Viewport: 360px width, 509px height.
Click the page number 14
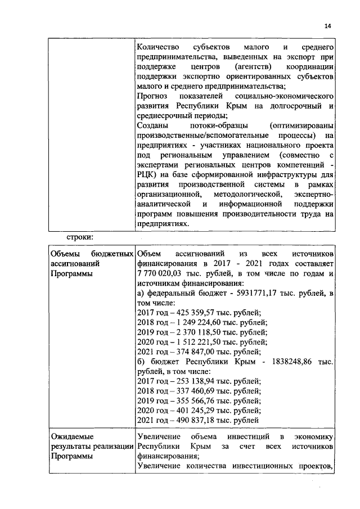click(x=328, y=26)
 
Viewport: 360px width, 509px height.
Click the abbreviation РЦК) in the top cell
click(x=148, y=173)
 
